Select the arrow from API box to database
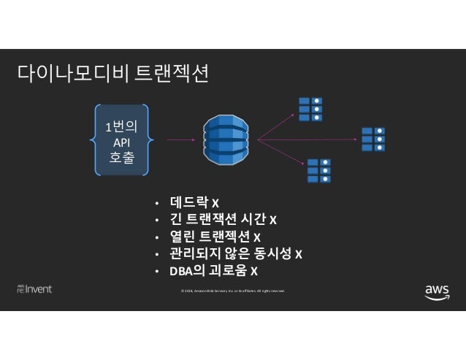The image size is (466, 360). coord(180,139)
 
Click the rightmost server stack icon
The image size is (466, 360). coord(373,139)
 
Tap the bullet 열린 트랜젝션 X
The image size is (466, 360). coord(216,237)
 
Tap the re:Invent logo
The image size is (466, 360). coord(34,289)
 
